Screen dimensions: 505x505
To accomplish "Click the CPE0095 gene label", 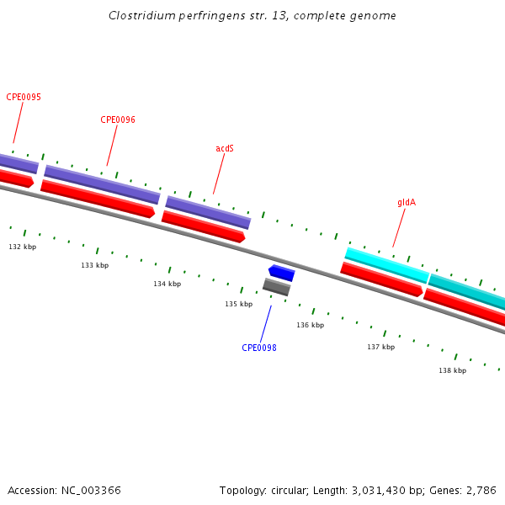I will tap(24, 97).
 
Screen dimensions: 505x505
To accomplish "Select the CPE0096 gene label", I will tap(118, 120).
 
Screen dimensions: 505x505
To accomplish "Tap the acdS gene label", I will tap(225, 148).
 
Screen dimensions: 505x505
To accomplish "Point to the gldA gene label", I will tap(407, 202).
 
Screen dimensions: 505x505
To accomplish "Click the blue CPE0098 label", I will tap(259, 348).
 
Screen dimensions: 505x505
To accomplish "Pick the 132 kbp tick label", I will tap(23, 247).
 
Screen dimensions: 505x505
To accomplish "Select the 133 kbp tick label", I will tap(95, 265).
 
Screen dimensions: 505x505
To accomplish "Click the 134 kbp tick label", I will tap(167, 284).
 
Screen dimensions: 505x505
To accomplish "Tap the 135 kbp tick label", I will tap(239, 304).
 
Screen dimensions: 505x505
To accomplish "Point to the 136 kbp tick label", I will tap(311, 325).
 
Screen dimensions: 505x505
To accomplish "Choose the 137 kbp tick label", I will tap(381, 347).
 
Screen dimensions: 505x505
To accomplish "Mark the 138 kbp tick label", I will tap(453, 370).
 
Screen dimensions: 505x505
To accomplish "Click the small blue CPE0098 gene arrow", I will tap(281, 273).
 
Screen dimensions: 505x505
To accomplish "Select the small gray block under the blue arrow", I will tap(276, 287).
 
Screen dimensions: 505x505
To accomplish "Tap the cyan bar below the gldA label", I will tap(387, 265).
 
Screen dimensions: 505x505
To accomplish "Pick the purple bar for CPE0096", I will tap(102, 184).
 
